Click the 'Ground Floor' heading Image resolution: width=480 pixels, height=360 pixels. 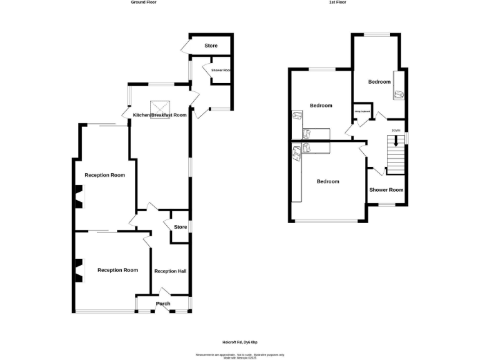[143, 2]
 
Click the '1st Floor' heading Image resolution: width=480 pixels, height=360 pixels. [337, 2]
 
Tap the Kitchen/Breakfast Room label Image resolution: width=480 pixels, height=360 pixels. [160, 115]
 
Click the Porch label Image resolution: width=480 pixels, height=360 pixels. [163, 304]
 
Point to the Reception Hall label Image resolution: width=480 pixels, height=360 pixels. [170, 271]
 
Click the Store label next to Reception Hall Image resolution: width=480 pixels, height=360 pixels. [180, 227]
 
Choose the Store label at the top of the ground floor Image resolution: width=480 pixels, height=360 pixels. [211, 46]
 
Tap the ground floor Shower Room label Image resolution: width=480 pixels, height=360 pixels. [221, 71]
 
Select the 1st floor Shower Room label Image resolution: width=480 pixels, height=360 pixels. [386, 189]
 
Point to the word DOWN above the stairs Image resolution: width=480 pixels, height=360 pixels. [396, 130]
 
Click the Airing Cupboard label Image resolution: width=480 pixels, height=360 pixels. [363, 112]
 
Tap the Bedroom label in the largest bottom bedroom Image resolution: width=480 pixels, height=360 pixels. [327, 181]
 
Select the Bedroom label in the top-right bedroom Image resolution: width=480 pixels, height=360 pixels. [379, 82]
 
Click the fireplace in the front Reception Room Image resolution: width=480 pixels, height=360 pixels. [77, 270]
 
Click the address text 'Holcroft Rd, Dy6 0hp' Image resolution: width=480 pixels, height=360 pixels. [240, 342]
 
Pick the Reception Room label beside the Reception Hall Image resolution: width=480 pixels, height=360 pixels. [117, 270]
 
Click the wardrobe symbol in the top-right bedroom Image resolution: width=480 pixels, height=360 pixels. [399, 94]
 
